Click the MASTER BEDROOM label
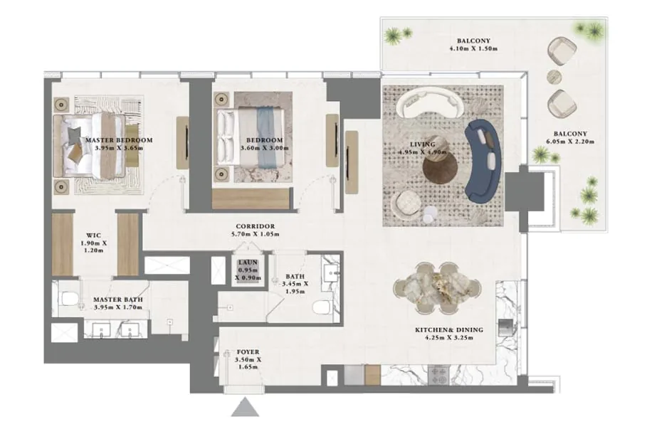pos(119,140)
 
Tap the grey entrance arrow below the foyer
pos(246,407)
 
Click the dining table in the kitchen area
pos(438,288)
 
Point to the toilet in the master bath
pos(69,299)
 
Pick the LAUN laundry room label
pos(248,263)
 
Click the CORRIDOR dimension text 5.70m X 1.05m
pos(256,234)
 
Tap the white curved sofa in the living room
pos(429,103)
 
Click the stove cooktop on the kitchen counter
pos(438,374)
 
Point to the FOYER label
pos(248,351)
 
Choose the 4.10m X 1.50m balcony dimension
pos(473,48)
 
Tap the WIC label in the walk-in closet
pos(93,235)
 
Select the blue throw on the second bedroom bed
pos(265,137)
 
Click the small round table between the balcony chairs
pos(554,77)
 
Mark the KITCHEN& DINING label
pos(449,329)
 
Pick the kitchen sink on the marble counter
pos(505,327)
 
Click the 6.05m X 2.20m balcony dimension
pos(570,142)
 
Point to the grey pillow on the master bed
pos(75,134)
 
